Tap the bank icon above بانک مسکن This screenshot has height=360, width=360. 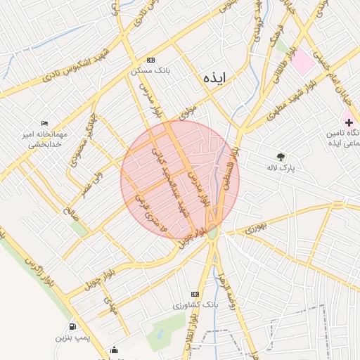[150, 60]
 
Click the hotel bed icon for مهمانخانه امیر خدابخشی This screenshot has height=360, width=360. [45, 123]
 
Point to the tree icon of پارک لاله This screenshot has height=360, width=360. [281, 157]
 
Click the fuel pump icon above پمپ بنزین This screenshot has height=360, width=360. [73, 327]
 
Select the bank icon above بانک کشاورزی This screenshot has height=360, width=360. [195, 294]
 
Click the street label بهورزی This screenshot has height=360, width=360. [257, 226]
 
